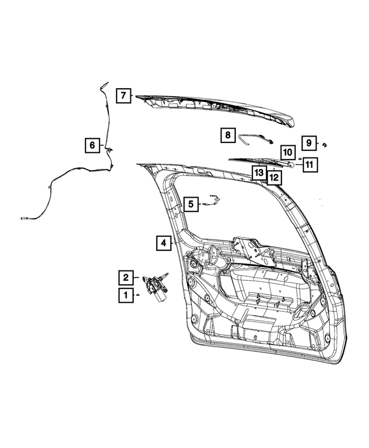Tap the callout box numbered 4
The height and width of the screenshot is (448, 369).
point(164,243)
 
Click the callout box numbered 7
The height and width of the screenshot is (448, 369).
point(123,95)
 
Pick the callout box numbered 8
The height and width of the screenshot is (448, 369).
point(227,135)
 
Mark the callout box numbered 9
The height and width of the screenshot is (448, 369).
point(308,142)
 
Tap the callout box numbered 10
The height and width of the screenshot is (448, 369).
point(288,152)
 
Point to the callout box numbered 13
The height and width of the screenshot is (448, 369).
point(258,172)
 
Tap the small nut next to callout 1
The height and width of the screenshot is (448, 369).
point(138,295)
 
